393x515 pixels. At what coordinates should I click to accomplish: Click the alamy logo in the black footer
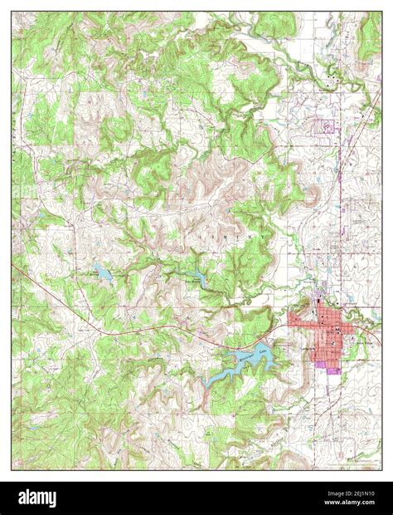point(31,498)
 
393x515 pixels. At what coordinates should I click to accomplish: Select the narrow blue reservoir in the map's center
point(199,277)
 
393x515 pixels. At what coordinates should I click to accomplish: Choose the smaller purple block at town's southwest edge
point(319,363)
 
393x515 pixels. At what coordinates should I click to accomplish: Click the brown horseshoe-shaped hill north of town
point(313,195)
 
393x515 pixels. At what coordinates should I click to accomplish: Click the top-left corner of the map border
point(12,12)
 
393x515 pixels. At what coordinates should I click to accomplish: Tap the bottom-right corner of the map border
point(382,469)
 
